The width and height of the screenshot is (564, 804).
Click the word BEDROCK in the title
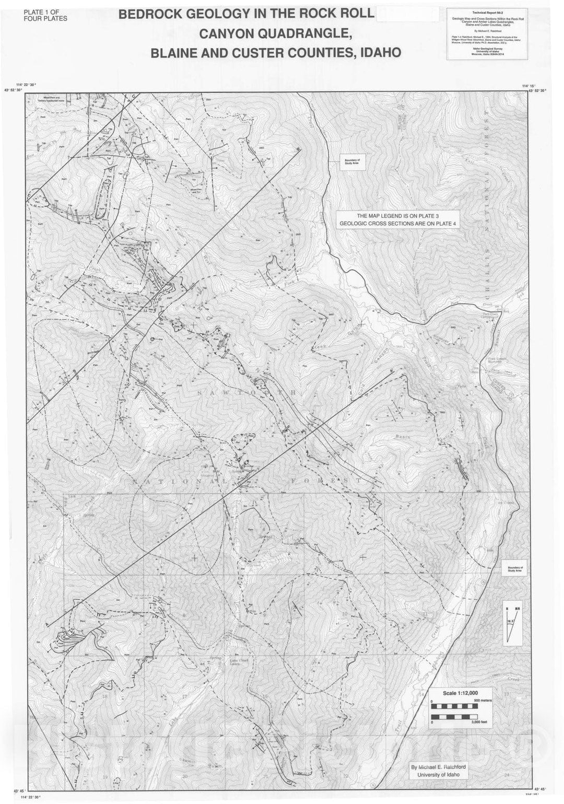tap(151, 15)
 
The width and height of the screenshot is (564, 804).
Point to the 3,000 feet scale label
tap(478, 721)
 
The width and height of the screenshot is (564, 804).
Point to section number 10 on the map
tap(345, 614)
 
